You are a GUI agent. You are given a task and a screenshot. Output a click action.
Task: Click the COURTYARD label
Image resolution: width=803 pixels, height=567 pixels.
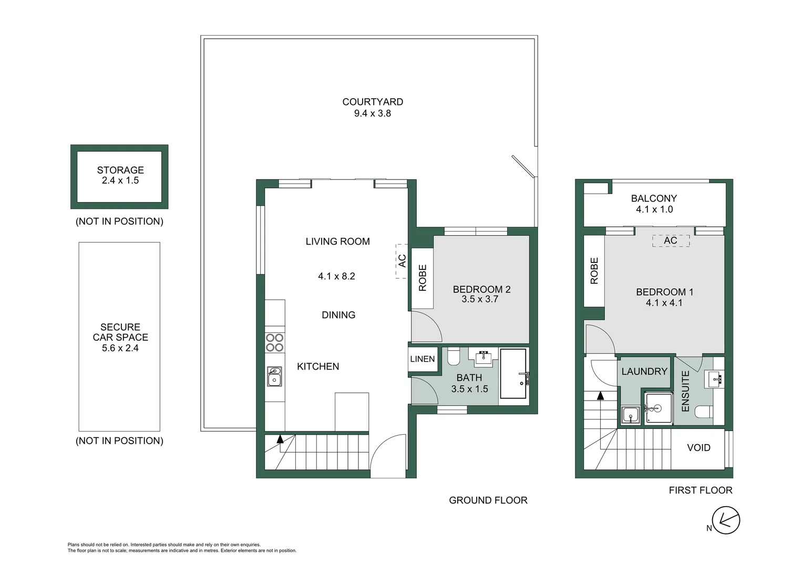[x=373, y=102]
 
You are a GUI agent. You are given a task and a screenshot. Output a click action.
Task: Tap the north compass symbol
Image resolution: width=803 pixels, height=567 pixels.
[x=726, y=521]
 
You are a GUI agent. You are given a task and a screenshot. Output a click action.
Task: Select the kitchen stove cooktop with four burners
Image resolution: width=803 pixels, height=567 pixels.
[x=274, y=342]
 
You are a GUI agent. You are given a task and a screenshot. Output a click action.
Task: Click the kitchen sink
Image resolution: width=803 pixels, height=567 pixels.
[x=274, y=376]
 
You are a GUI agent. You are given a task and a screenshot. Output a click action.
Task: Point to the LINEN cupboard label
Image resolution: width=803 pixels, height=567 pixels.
[x=423, y=359]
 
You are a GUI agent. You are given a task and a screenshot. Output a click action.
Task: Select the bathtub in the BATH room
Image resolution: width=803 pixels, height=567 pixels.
[x=513, y=374]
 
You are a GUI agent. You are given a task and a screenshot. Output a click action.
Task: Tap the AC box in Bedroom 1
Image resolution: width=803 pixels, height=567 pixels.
[x=671, y=240]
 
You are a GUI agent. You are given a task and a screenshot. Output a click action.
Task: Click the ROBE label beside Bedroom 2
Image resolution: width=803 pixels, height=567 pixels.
[x=423, y=278]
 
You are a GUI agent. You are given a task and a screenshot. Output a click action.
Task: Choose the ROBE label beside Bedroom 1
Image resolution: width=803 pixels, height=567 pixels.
[x=594, y=271]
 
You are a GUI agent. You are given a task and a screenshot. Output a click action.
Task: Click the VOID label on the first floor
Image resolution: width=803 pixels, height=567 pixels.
[x=698, y=448]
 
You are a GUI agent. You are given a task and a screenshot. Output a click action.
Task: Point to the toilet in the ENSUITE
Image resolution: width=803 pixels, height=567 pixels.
[x=704, y=412]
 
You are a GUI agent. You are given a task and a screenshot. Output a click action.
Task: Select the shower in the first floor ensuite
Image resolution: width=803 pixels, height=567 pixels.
[x=658, y=408]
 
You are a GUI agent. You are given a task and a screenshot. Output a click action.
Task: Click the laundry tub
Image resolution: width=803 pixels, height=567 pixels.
[x=630, y=415]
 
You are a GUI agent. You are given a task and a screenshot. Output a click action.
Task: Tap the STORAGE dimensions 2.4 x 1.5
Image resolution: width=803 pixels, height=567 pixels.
[x=120, y=181]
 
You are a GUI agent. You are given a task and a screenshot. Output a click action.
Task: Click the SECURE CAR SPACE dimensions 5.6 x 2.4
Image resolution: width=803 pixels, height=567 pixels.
[x=120, y=348]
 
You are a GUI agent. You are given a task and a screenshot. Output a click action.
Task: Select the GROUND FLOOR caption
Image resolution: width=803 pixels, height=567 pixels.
[x=488, y=500]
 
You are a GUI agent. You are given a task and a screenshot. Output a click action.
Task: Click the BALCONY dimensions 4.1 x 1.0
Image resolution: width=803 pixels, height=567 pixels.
[x=654, y=209]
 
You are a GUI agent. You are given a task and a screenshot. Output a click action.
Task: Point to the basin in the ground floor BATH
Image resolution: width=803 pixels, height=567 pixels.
[x=483, y=358]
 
